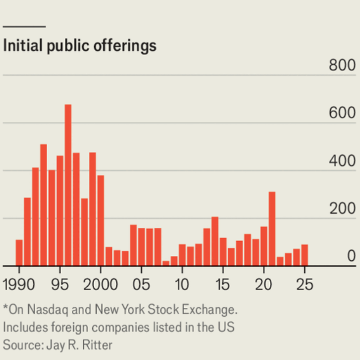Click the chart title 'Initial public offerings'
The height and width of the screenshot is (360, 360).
point(80,46)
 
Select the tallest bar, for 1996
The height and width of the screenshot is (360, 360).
point(68,186)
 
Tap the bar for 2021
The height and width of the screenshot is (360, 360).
point(272,229)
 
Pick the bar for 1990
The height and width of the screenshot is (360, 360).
point(19,253)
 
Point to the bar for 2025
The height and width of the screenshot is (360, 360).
point(304,255)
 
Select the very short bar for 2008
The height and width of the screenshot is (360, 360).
point(166,263)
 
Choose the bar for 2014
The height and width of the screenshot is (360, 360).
point(215,241)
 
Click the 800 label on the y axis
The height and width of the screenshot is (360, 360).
point(342,66)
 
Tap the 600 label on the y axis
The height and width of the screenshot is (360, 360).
point(342,113)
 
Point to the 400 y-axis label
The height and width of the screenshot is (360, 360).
point(342,161)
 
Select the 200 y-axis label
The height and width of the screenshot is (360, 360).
point(342,209)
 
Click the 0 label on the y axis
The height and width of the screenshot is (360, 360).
point(351,257)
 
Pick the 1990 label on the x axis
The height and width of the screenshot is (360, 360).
point(19,285)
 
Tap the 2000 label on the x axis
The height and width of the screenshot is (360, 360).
point(101,285)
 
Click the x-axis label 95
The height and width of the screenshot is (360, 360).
point(60,285)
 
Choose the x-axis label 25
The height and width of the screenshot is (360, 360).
point(304,285)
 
